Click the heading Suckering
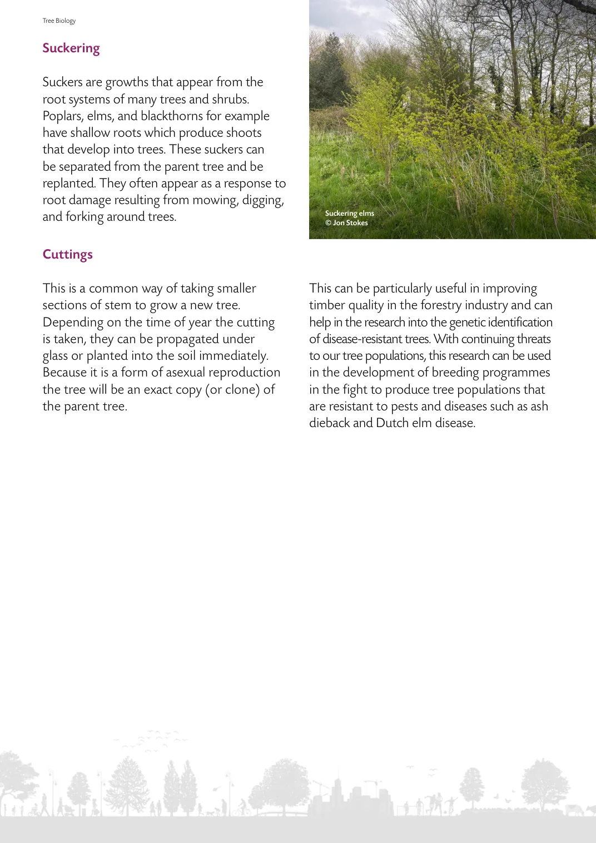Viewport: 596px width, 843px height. pyautogui.click(x=71, y=48)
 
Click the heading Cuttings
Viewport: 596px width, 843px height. pyautogui.click(x=67, y=255)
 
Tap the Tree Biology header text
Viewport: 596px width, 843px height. pyautogui.click(x=59, y=21)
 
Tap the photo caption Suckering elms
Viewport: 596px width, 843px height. pyautogui.click(x=349, y=214)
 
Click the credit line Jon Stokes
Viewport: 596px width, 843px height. pyautogui.click(x=350, y=223)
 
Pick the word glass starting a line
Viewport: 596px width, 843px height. pyautogui.click(x=54, y=356)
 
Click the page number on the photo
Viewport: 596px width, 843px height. pyautogui.click(x=550, y=21)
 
